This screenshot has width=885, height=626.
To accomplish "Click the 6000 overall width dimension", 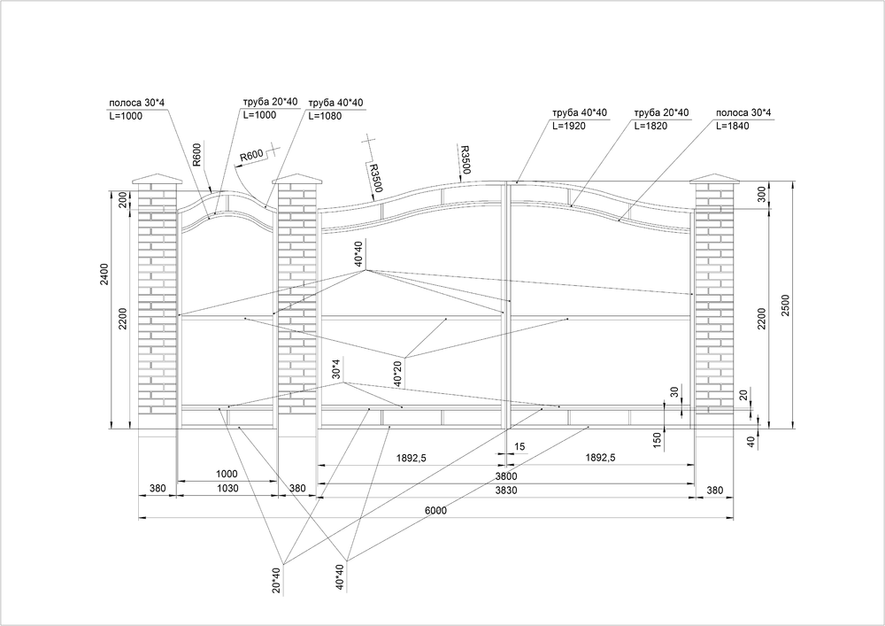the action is coord(435,511).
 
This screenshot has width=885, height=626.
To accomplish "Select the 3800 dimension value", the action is coord(506,477).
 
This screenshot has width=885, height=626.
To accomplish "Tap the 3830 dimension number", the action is coord(506,491).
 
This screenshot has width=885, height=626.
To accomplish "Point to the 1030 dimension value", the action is coord(227,488).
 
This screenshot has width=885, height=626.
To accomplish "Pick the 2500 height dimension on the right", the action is coord(786,305).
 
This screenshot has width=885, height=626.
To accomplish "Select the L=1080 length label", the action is coord(325,116).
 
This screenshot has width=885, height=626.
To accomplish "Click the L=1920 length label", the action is coord(569,126).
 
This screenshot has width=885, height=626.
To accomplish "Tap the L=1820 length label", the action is coord(650,126).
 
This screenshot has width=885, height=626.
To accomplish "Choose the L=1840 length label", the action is coord(733,126).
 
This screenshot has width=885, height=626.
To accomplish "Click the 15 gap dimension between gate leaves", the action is coord(519,446).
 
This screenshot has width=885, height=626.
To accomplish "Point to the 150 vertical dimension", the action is coord(657,440).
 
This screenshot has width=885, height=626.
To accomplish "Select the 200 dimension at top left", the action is coord(122,201).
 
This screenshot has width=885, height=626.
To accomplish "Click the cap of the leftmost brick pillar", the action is coord(158,180).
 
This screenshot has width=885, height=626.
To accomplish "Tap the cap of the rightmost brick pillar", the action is coord(714,180).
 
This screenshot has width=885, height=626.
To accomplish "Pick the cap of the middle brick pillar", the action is coord(297,180).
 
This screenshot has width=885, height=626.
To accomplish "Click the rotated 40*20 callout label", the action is coord(398,373).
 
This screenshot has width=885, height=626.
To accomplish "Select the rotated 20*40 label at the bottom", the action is coord(276,581).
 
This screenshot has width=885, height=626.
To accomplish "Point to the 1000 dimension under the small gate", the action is coord(227,475).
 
